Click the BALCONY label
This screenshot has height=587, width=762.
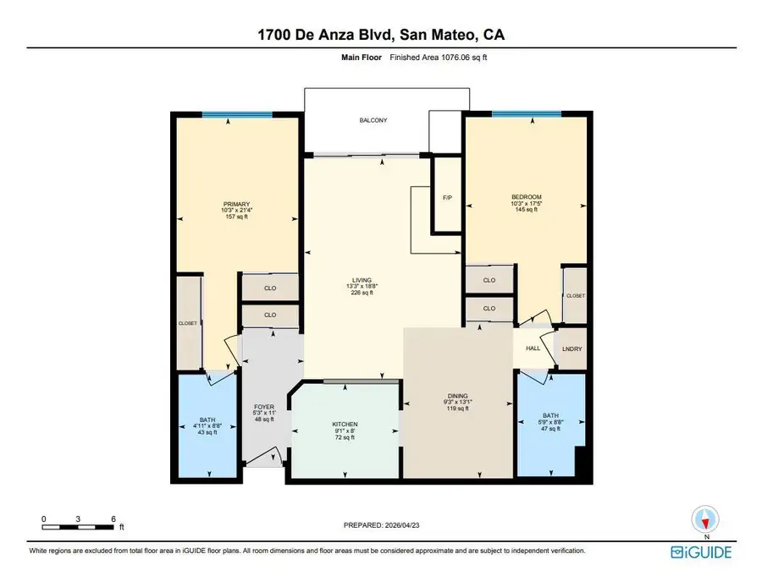point(373,121)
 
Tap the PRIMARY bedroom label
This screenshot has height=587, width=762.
point(236,204)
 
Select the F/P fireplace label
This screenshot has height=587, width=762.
point(447,198)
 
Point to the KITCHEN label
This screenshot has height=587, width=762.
point(345,424)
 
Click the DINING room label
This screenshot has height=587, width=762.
point(458,396)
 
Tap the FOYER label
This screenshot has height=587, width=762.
point(265,408)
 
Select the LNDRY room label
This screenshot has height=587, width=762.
point(573,349)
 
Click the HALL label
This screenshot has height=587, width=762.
point(533,348)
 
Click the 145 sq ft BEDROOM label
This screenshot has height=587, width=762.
point(526,197)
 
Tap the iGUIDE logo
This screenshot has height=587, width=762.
point(701,551)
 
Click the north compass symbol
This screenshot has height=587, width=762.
point(705,518)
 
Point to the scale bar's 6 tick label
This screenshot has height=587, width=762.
point(113,518)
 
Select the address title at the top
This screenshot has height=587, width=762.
point(381,35)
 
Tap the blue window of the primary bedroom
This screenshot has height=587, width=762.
point(229,115)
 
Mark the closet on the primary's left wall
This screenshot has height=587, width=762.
point(188,322)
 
